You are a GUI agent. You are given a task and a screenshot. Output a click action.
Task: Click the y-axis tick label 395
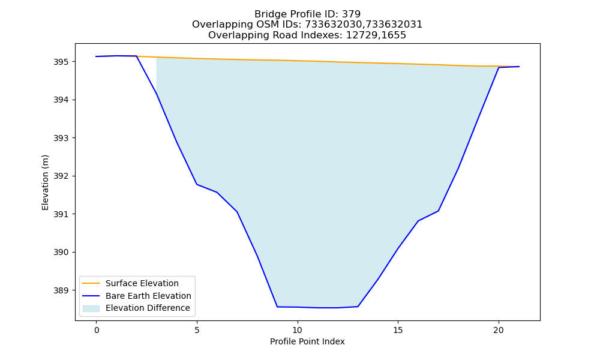tap(61, 62)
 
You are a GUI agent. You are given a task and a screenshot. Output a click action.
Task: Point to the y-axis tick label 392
tap(61, 176)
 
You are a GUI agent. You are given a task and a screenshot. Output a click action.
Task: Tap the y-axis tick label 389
tap(61, 290)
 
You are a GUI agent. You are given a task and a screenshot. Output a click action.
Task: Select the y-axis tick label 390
tap(61, 253)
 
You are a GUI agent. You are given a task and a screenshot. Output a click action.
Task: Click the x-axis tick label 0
tap(97, 330)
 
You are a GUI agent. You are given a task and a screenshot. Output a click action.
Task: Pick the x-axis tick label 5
tap(197, 330)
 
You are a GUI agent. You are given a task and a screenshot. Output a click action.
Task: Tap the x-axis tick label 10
tap(298, 330)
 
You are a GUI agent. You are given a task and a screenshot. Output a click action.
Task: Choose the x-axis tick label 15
tap(398, 330)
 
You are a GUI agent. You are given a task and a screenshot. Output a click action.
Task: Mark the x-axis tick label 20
tap(499, 330)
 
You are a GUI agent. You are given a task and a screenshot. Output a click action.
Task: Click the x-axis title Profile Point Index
tap(307, 341)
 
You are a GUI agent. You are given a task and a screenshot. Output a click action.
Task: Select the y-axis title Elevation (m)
tap(45, 182)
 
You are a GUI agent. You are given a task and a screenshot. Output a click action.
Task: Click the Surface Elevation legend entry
tap(142, 283)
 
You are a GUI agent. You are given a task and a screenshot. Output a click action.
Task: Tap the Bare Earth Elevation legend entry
tap(148, 296)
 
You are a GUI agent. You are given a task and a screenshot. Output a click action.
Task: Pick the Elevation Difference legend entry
tap(148, 308)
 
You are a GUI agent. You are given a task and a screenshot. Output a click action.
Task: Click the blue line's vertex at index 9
tap(277, 307)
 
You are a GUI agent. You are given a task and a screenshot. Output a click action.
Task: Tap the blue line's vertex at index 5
tap(197, 184)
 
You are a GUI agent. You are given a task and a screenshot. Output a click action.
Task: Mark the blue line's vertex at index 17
tap(438, 211)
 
